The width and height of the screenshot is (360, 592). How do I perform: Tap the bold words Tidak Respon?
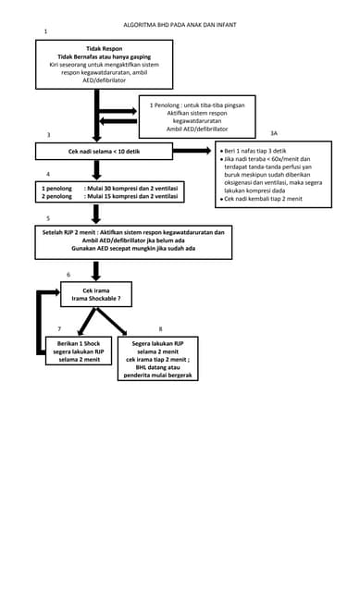[x=104, y=48]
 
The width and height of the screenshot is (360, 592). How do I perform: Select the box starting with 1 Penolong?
[x=196, y=117]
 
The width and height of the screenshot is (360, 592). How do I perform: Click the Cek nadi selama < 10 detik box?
[x=104, y=150]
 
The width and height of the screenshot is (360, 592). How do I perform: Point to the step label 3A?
[x=273, y=134]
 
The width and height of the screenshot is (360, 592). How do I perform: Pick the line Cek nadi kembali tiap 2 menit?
[x=263, y=199]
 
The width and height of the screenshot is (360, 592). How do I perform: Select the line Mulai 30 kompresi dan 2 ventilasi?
[x=130, y=188]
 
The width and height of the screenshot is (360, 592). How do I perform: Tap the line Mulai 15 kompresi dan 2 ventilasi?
[x=130, y=196]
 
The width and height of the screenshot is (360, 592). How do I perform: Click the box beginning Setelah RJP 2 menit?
[x=133, y=241]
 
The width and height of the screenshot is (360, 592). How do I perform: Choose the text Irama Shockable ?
[x=96, y=299]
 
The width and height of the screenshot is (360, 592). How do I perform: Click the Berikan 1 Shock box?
[x=79, y=351]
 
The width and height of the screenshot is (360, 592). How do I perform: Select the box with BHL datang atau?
[x=161, y=359]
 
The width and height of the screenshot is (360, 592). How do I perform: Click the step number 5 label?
[x=48, y=218]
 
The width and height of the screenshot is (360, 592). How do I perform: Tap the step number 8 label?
[x=160, y=328]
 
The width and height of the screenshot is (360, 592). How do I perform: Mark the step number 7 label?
[x=59, y=328]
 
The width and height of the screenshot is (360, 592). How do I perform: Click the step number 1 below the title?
[x=45, y=32]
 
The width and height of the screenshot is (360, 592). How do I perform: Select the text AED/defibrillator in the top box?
[x=104, y=80]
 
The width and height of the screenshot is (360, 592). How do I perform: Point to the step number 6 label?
[x=68, y=274]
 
